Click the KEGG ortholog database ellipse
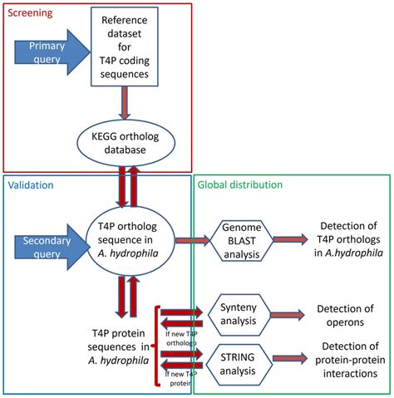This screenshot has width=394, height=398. (x=126, y=140)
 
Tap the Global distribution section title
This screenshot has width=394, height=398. (x=241, y=185)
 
